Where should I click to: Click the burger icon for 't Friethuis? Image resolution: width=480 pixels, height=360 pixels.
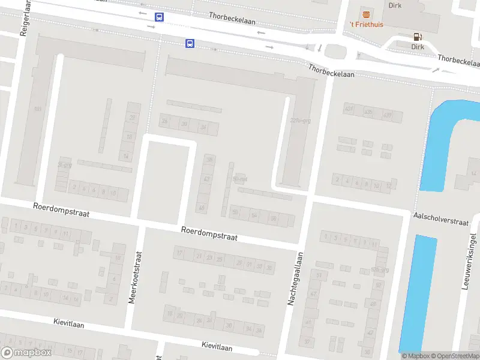click(366, 14)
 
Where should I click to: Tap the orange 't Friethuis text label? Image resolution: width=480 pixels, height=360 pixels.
click(366, 25)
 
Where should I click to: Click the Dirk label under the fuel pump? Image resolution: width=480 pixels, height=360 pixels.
click(418, 46)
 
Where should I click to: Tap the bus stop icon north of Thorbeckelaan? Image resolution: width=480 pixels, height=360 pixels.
click(159, 17)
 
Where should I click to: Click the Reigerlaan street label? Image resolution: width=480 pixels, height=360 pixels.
click(25, 19)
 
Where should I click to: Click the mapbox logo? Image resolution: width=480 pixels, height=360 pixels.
click(26, 353)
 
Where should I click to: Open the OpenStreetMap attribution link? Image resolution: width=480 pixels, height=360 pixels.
click(454, 356)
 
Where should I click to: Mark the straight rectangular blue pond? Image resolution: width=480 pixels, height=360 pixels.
click(418, 293)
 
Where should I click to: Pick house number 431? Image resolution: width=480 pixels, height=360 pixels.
click(349, 108)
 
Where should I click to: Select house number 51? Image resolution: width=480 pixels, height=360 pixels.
click(319, 275)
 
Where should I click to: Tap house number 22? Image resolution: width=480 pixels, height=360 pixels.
click(132, 118)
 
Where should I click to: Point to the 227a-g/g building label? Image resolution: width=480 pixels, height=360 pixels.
click(300, 120)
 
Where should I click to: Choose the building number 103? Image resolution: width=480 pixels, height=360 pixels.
click(38, 109)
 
